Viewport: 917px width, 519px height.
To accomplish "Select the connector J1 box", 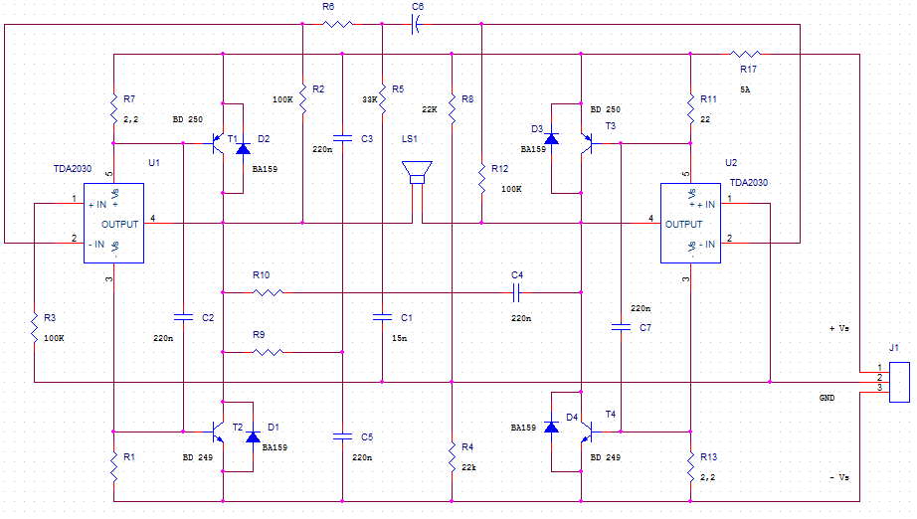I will coord(899,382).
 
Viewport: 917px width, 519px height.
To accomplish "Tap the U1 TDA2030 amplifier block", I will coord(114,224).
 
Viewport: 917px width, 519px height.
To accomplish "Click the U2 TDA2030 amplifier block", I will coord(693,224).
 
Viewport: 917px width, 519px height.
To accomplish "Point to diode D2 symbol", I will coord(242,148).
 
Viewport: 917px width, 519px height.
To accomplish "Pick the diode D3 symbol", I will coord(551,137).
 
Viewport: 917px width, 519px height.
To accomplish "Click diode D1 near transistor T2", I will coord(253,435).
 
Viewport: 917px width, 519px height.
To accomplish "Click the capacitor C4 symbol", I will coord(516,292).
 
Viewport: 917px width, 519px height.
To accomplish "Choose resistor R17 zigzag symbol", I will coord(747,54).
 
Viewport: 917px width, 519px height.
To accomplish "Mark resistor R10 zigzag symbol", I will coord(268,292).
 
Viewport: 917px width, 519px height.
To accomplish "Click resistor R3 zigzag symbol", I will coord(34,322).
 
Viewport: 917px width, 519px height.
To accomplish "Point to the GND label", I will coord(826,397).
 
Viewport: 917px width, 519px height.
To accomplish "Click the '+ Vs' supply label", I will coord(838,328).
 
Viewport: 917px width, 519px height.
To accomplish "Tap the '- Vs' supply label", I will coord(838,478).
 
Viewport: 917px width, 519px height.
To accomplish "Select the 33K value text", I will coord(370,99).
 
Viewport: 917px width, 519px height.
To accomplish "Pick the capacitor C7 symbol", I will coord(620,325).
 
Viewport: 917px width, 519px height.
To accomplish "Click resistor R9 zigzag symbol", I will coord(268,352).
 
